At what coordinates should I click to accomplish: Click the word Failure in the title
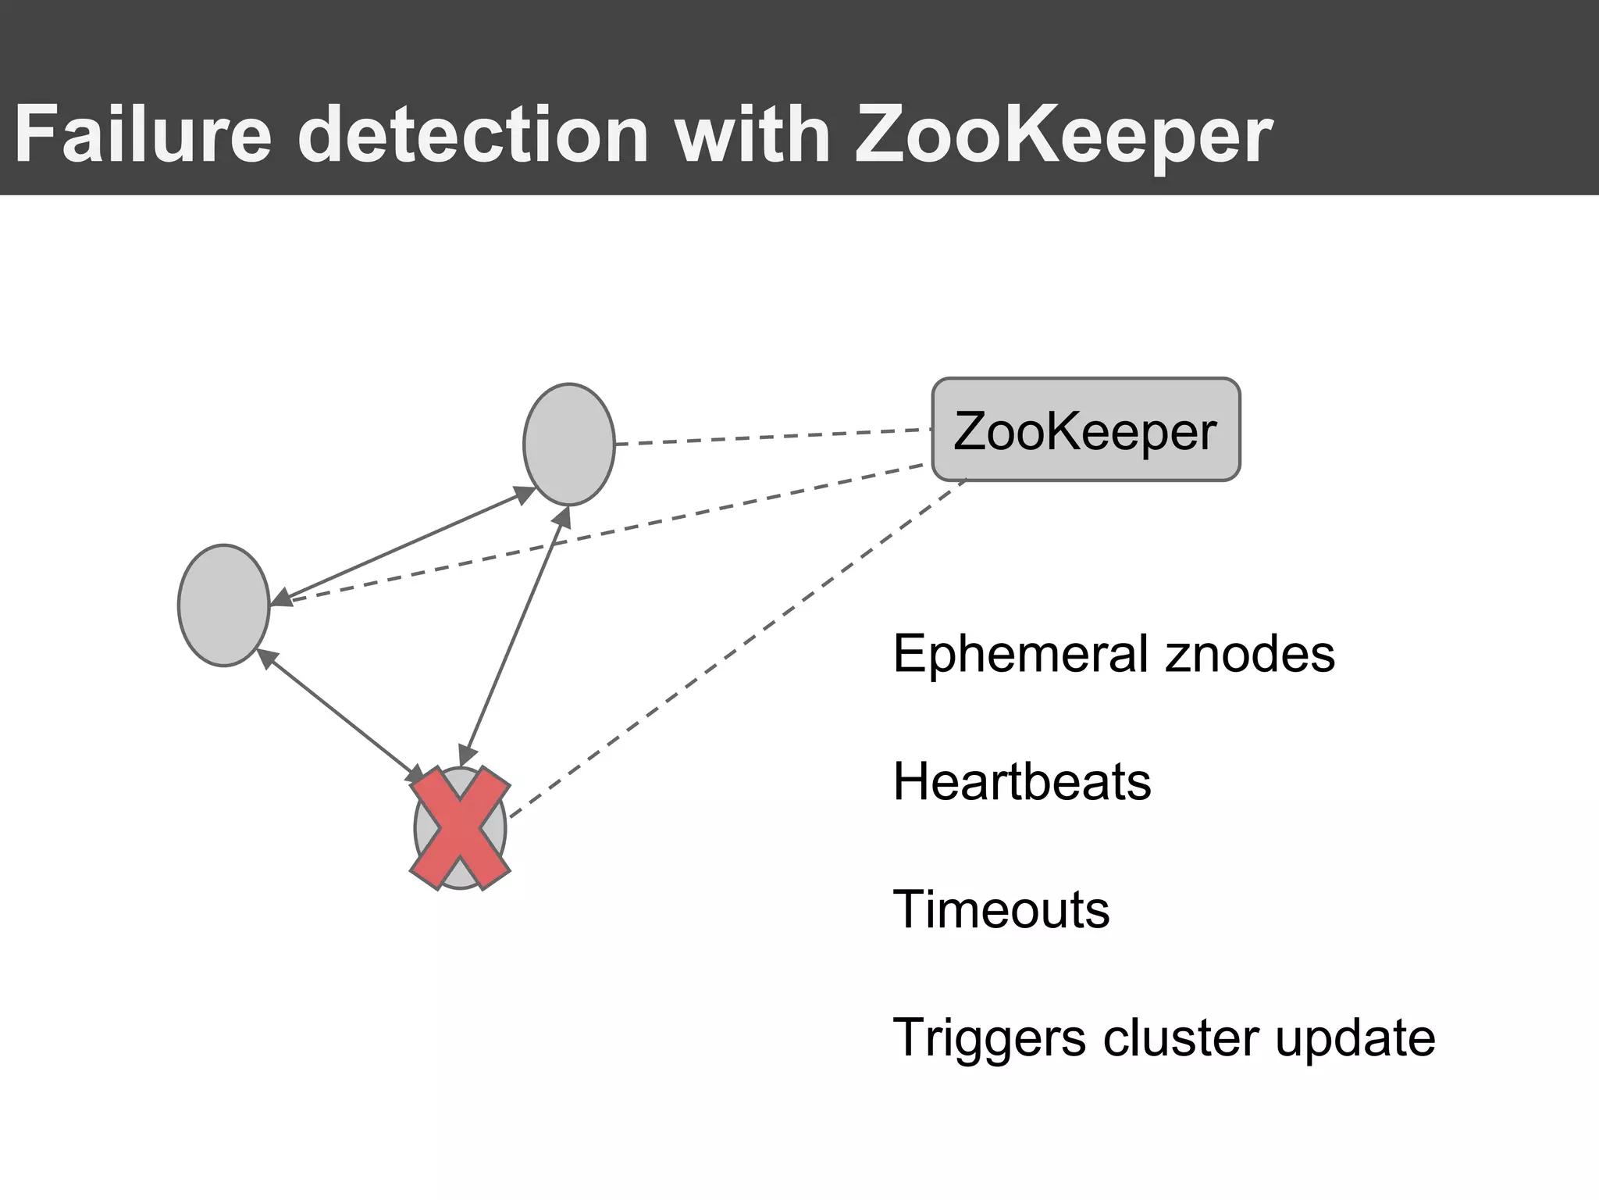point(143,134)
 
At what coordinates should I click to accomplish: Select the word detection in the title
point(472,134)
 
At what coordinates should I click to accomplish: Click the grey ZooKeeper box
point(1085,430)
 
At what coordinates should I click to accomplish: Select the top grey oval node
point(568,444)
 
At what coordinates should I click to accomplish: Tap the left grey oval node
point(223,605)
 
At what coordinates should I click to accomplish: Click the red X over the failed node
point(461,828)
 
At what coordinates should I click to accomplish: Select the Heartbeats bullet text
point(1021,781)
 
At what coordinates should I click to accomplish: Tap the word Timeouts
point(1000,909)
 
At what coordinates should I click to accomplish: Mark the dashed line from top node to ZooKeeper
point(773,437)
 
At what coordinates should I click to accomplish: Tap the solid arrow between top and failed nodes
point(515,637)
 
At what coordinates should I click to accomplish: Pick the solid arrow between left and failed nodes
point(340,715)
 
